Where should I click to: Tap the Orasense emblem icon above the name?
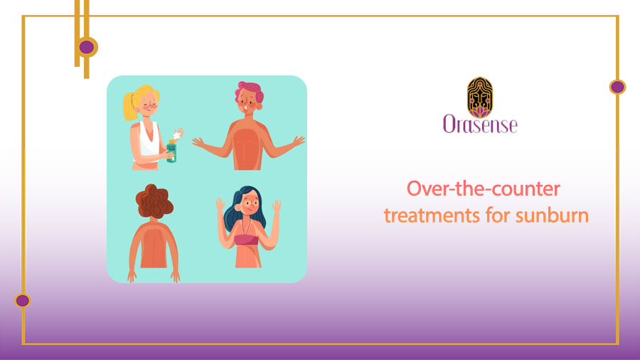point(479,97)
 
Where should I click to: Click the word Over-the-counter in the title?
point(484,190)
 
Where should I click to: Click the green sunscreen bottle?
point(171,150)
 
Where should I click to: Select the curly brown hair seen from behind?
point(155,201)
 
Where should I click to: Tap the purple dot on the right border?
point(617,87)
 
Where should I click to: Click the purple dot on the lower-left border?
point(22,300)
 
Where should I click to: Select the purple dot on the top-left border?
point(87,47)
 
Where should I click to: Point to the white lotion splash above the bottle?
point(178,133)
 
